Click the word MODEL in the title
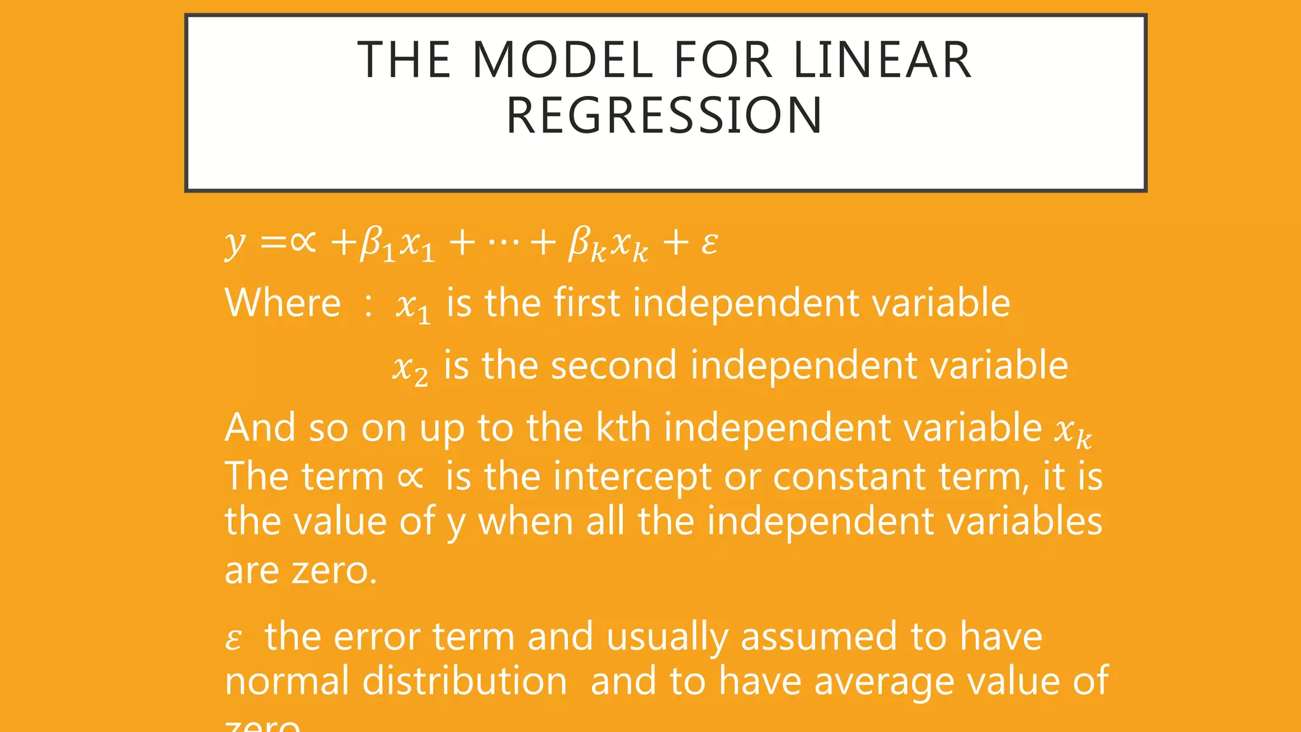[563, 60]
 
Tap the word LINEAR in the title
[882, 60]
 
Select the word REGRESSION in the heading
[664, 116]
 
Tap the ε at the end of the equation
[710, 243]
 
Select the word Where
[283, 302]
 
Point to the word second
[614, 365]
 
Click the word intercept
[631, 477]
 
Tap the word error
[377, 636]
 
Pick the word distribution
[464, 681]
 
